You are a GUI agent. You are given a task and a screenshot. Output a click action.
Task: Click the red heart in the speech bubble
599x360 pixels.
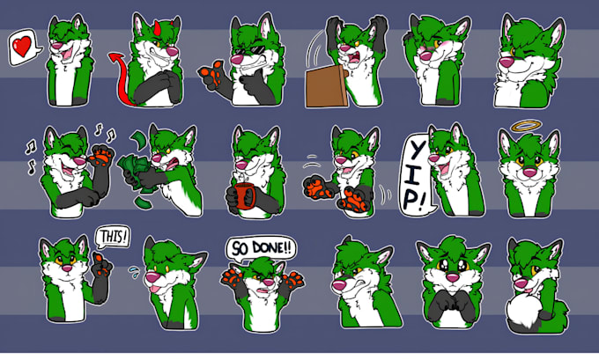[22, 47]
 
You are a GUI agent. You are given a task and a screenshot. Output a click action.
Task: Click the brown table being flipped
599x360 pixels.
[326, 86]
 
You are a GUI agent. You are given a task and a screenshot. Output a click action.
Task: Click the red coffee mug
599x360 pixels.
[245, 195]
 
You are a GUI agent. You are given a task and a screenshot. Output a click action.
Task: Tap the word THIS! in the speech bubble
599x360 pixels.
[113, 237]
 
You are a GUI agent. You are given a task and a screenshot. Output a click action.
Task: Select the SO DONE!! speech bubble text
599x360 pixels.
[262, 248]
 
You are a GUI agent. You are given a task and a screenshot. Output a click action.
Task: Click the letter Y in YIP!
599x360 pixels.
[416, 151]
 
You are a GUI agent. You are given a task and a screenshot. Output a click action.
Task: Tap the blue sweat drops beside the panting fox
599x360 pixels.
[134, 272]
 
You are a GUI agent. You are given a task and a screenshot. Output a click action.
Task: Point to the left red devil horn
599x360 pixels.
[157, 26]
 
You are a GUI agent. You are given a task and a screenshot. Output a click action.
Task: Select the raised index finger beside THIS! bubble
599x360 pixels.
[99, 259]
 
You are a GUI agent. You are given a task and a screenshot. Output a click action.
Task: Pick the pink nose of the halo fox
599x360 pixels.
[529, 173]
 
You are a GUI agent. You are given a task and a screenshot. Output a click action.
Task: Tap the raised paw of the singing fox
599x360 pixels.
[101, 156]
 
